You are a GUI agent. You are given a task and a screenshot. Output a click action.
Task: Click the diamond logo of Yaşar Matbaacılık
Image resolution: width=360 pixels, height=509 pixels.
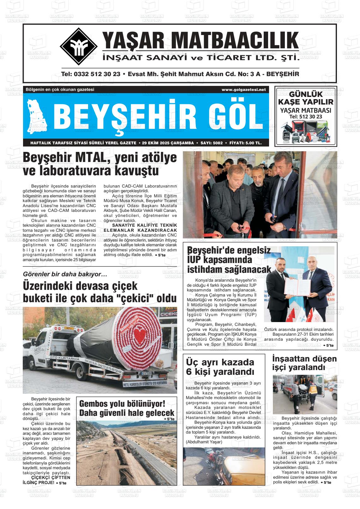click(x=79, y=46)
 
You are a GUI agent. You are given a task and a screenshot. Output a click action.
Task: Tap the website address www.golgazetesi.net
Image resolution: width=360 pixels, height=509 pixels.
click(x=243, y=90)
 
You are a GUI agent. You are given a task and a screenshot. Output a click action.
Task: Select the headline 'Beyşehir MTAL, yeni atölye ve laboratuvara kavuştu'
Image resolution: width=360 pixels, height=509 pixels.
click(x=100, y=164)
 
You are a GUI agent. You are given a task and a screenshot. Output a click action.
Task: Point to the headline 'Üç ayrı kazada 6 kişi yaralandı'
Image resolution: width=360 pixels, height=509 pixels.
click(x=220, y=367)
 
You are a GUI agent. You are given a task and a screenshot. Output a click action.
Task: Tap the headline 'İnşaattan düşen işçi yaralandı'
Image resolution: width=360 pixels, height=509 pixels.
click(x=304, y=363)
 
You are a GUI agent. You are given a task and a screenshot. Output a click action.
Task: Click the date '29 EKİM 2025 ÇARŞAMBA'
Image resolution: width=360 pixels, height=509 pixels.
click(x=168, y=143)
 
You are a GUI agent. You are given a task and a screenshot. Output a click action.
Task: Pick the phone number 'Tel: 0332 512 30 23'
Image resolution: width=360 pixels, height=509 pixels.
click(x=91, y=74)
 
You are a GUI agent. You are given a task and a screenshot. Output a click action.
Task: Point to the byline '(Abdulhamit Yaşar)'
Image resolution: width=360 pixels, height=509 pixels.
click(x=204, y=442)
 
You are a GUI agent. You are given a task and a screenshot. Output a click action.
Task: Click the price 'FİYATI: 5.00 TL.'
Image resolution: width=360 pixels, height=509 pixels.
click(x=245, y=143)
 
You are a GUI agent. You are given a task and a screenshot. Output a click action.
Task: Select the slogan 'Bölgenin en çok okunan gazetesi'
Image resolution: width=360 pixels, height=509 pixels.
click(x=60, y=90)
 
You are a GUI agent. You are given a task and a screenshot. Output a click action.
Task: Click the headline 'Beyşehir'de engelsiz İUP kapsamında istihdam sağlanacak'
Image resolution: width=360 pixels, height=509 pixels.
click(x=229, y=260)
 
